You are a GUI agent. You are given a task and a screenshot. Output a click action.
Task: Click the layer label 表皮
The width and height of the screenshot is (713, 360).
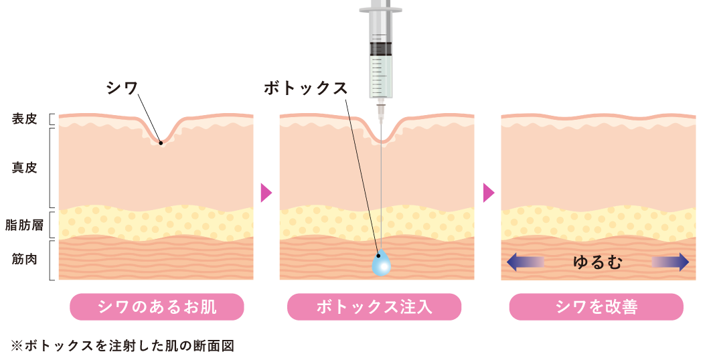24,119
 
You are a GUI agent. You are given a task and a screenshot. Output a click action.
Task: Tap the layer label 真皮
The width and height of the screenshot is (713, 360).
24,167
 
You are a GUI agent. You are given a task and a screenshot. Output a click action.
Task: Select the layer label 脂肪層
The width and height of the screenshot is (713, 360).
24,225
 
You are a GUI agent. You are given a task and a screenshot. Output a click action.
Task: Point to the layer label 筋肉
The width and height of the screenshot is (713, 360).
24,259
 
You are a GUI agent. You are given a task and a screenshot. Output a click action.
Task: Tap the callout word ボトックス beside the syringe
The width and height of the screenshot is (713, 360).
305,88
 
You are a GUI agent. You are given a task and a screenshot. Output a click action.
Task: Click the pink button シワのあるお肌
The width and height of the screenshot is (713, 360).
157,307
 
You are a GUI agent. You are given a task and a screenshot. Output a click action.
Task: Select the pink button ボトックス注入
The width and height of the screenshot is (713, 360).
374,307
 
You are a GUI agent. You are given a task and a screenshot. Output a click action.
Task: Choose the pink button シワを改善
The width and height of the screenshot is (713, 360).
596,307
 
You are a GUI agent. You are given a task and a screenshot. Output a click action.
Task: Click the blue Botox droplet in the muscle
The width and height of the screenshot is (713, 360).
381,264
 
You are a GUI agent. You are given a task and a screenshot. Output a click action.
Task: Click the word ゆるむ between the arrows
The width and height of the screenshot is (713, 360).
597,262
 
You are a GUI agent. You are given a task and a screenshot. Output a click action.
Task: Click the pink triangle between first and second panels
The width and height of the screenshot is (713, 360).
266,193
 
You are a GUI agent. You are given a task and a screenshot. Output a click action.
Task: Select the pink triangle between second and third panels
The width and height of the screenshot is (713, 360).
489,193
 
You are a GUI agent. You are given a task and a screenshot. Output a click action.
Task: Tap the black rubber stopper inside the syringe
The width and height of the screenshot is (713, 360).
380,48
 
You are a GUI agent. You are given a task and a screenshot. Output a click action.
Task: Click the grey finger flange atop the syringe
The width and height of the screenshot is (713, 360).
380,10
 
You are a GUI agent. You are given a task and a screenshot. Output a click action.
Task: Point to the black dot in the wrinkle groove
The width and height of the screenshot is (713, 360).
161,142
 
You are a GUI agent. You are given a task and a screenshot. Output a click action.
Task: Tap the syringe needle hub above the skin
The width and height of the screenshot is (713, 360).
381,106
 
